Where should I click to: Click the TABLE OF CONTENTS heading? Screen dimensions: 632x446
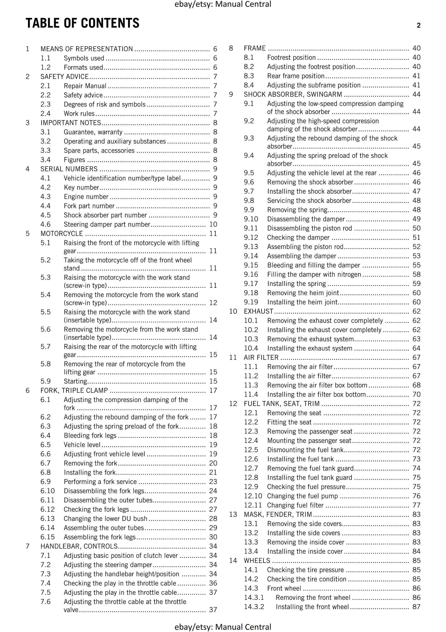(83, 23)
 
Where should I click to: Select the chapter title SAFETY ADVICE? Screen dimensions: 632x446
(64, 76)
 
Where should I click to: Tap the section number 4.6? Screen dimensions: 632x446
(45, 224)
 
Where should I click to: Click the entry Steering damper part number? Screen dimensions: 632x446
(107, 224)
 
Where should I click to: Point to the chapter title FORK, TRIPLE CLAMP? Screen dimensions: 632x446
(74, 390)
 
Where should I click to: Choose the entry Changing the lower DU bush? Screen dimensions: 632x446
(105, 519)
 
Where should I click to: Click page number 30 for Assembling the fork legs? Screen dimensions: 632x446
(213, 537)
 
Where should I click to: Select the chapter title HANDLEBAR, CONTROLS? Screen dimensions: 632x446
(79, 546)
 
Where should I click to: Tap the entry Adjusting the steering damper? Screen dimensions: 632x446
(108, 565)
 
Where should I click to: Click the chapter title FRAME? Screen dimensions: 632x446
(255, 48)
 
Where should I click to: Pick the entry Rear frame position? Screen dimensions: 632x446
(296, 76)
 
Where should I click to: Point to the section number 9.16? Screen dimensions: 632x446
(251, 274)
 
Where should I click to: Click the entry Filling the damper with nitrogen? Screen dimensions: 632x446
(314, 274)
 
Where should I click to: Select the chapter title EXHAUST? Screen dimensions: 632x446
(259, 311)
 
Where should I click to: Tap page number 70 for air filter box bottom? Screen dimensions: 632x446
(416, 394)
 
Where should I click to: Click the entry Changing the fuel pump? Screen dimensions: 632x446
(303, 496)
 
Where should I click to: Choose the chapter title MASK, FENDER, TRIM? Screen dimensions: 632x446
(278, 515)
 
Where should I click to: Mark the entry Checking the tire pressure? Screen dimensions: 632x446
(305, 570)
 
